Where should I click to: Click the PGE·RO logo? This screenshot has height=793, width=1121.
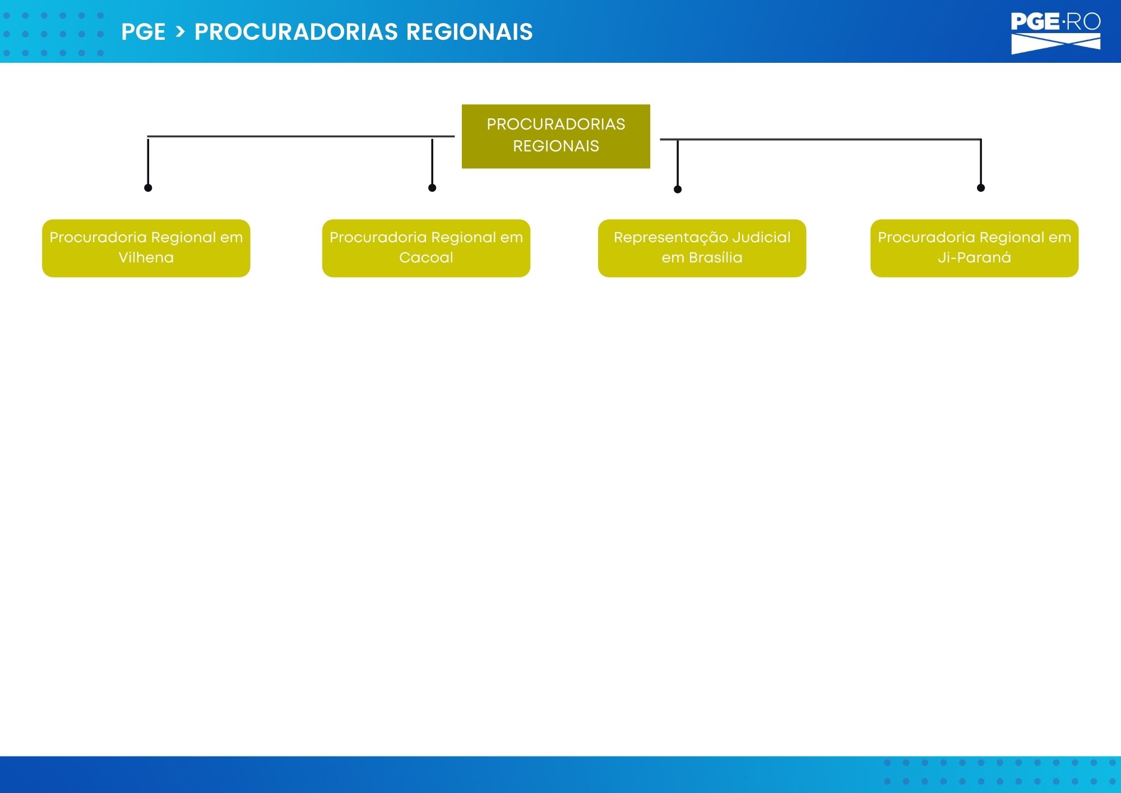[1055, 34]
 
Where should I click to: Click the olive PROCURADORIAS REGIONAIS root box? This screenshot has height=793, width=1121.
[556, 136]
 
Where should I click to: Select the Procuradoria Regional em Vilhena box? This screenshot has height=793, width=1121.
[146, 248]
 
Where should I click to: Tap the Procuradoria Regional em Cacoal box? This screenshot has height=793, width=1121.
[426, 248]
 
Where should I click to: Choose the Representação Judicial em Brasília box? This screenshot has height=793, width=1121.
[702, 248]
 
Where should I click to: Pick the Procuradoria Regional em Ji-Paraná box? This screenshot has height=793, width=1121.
[974, 248]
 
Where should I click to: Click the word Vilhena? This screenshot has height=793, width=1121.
[146, 257]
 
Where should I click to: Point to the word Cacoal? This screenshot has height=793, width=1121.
[426, 257]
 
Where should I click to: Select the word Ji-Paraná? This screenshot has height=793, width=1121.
[974, 257]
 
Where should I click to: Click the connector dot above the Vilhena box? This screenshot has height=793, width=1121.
[148, 188]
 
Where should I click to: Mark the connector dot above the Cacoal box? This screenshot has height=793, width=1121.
[432, 188]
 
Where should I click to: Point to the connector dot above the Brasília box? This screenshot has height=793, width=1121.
[678, 190]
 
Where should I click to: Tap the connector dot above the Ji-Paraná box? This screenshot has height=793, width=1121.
[981, 188]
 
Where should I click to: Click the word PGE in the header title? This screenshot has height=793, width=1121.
[143, 32]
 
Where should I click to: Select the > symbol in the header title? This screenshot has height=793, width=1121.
[180, 32]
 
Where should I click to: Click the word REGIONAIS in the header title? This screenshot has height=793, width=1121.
[469, 32]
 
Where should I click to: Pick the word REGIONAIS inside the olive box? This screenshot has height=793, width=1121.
[556, 146]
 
